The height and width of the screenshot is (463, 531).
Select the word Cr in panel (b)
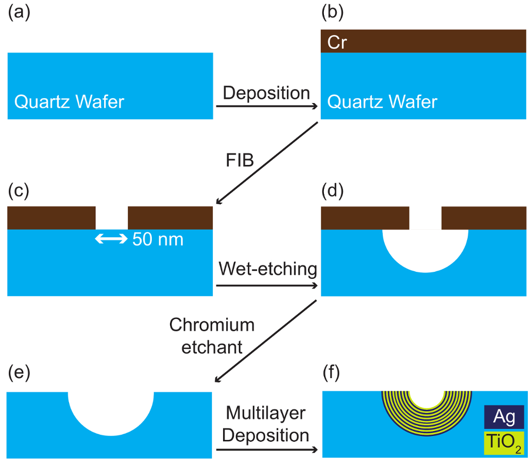tap(337, 41)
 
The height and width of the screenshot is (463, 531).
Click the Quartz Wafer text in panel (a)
tap(69, 101)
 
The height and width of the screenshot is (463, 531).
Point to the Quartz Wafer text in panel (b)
tap(382, 101)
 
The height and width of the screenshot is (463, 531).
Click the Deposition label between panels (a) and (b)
tap(266, 93)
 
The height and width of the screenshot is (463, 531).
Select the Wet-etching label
tap(267, 269)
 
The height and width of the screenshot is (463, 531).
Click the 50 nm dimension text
tap(158, 239)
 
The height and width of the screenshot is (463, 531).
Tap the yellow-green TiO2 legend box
tap(504, 442)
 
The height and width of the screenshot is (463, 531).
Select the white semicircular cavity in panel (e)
tap(111, 411)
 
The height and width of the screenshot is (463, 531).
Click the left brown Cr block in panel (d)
tap(365, 218)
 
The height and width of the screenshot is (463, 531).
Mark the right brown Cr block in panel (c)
tap(170, 218)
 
